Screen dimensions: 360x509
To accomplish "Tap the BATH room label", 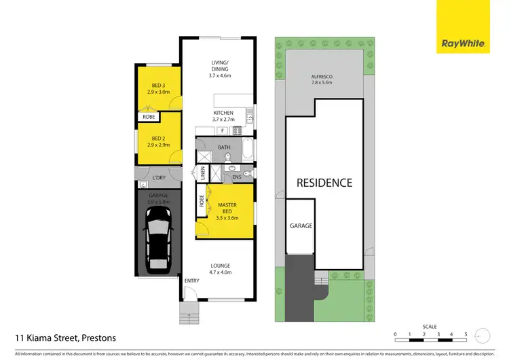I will pos(225,147).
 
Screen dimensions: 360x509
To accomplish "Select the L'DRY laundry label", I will pos(159,178).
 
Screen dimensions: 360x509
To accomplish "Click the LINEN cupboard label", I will pos(202,173).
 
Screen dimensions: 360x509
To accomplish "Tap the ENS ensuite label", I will pos(237,177).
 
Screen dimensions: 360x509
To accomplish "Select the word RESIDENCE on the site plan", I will pos(324,183).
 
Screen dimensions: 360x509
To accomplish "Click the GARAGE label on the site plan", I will pos(301,226).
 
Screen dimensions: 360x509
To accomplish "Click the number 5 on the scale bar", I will pos(466,334).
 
